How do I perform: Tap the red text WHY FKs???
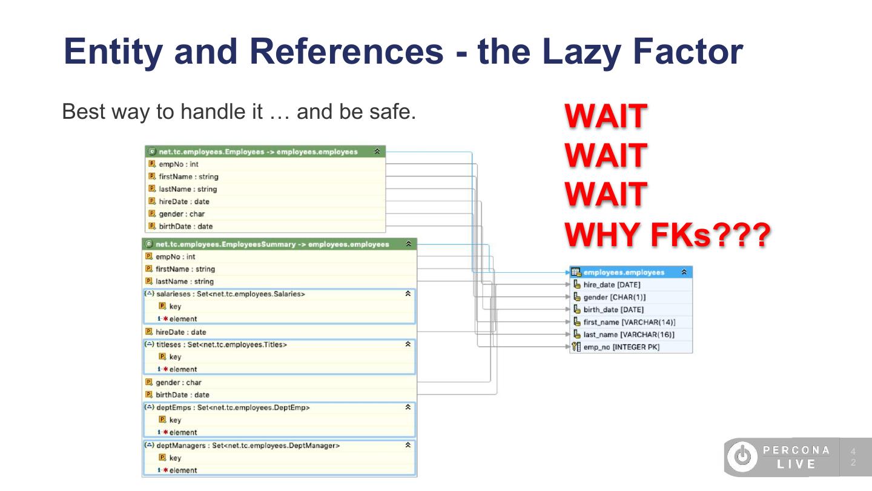tap(667, 235)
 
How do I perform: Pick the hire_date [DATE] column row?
tap(612, 284)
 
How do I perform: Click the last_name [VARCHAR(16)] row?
tap(629, 335)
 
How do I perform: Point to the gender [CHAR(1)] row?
tap(614, 297)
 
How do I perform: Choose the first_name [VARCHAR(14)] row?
tap(629, 322)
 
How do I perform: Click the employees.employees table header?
tap(624, 272)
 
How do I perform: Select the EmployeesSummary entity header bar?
tap(272, 244)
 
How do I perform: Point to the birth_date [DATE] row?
tap(613, 310)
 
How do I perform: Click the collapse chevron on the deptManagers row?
tap(409, 445)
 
